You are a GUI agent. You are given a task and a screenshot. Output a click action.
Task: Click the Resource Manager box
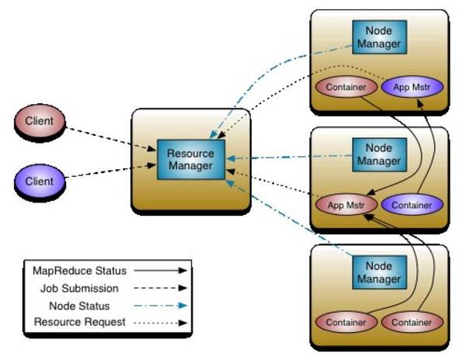coord(191,160)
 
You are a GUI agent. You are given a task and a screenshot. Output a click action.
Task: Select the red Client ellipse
coord(40,121)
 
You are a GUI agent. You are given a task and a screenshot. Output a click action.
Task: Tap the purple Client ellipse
coord(40,181)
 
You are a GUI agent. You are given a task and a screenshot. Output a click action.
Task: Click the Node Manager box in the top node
coord(379,37)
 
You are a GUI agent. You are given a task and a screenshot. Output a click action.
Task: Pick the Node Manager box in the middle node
coord(379,154)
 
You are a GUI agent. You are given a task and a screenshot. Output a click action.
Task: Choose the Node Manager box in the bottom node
coord(379,272)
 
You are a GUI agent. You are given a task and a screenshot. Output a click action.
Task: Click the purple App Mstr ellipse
coord(412,87)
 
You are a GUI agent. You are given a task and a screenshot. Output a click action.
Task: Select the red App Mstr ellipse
coord(346,205)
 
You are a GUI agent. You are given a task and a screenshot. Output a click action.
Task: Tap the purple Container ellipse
coord(412,205)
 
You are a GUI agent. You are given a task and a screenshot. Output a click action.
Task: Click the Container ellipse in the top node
coord(346,87)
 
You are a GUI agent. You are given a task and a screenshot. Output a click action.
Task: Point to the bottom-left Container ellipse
coord(346,322)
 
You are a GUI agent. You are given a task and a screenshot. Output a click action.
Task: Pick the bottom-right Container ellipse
coord(412,322)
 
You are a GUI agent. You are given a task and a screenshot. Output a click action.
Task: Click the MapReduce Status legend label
coord(79,271)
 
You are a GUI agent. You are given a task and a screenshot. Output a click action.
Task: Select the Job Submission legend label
coord(79,288)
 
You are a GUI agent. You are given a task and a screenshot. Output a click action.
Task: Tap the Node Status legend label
coord(79,306)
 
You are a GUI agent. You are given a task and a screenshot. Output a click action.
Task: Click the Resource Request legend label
coord(79,322)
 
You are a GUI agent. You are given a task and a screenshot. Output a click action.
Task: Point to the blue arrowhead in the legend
coord(183,306)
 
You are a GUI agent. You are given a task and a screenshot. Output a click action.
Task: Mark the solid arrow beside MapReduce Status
coord(161,270)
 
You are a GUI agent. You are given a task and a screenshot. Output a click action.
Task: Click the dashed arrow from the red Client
coord(110,139)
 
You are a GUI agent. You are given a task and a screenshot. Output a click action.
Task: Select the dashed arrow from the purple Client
coord(110,171)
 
